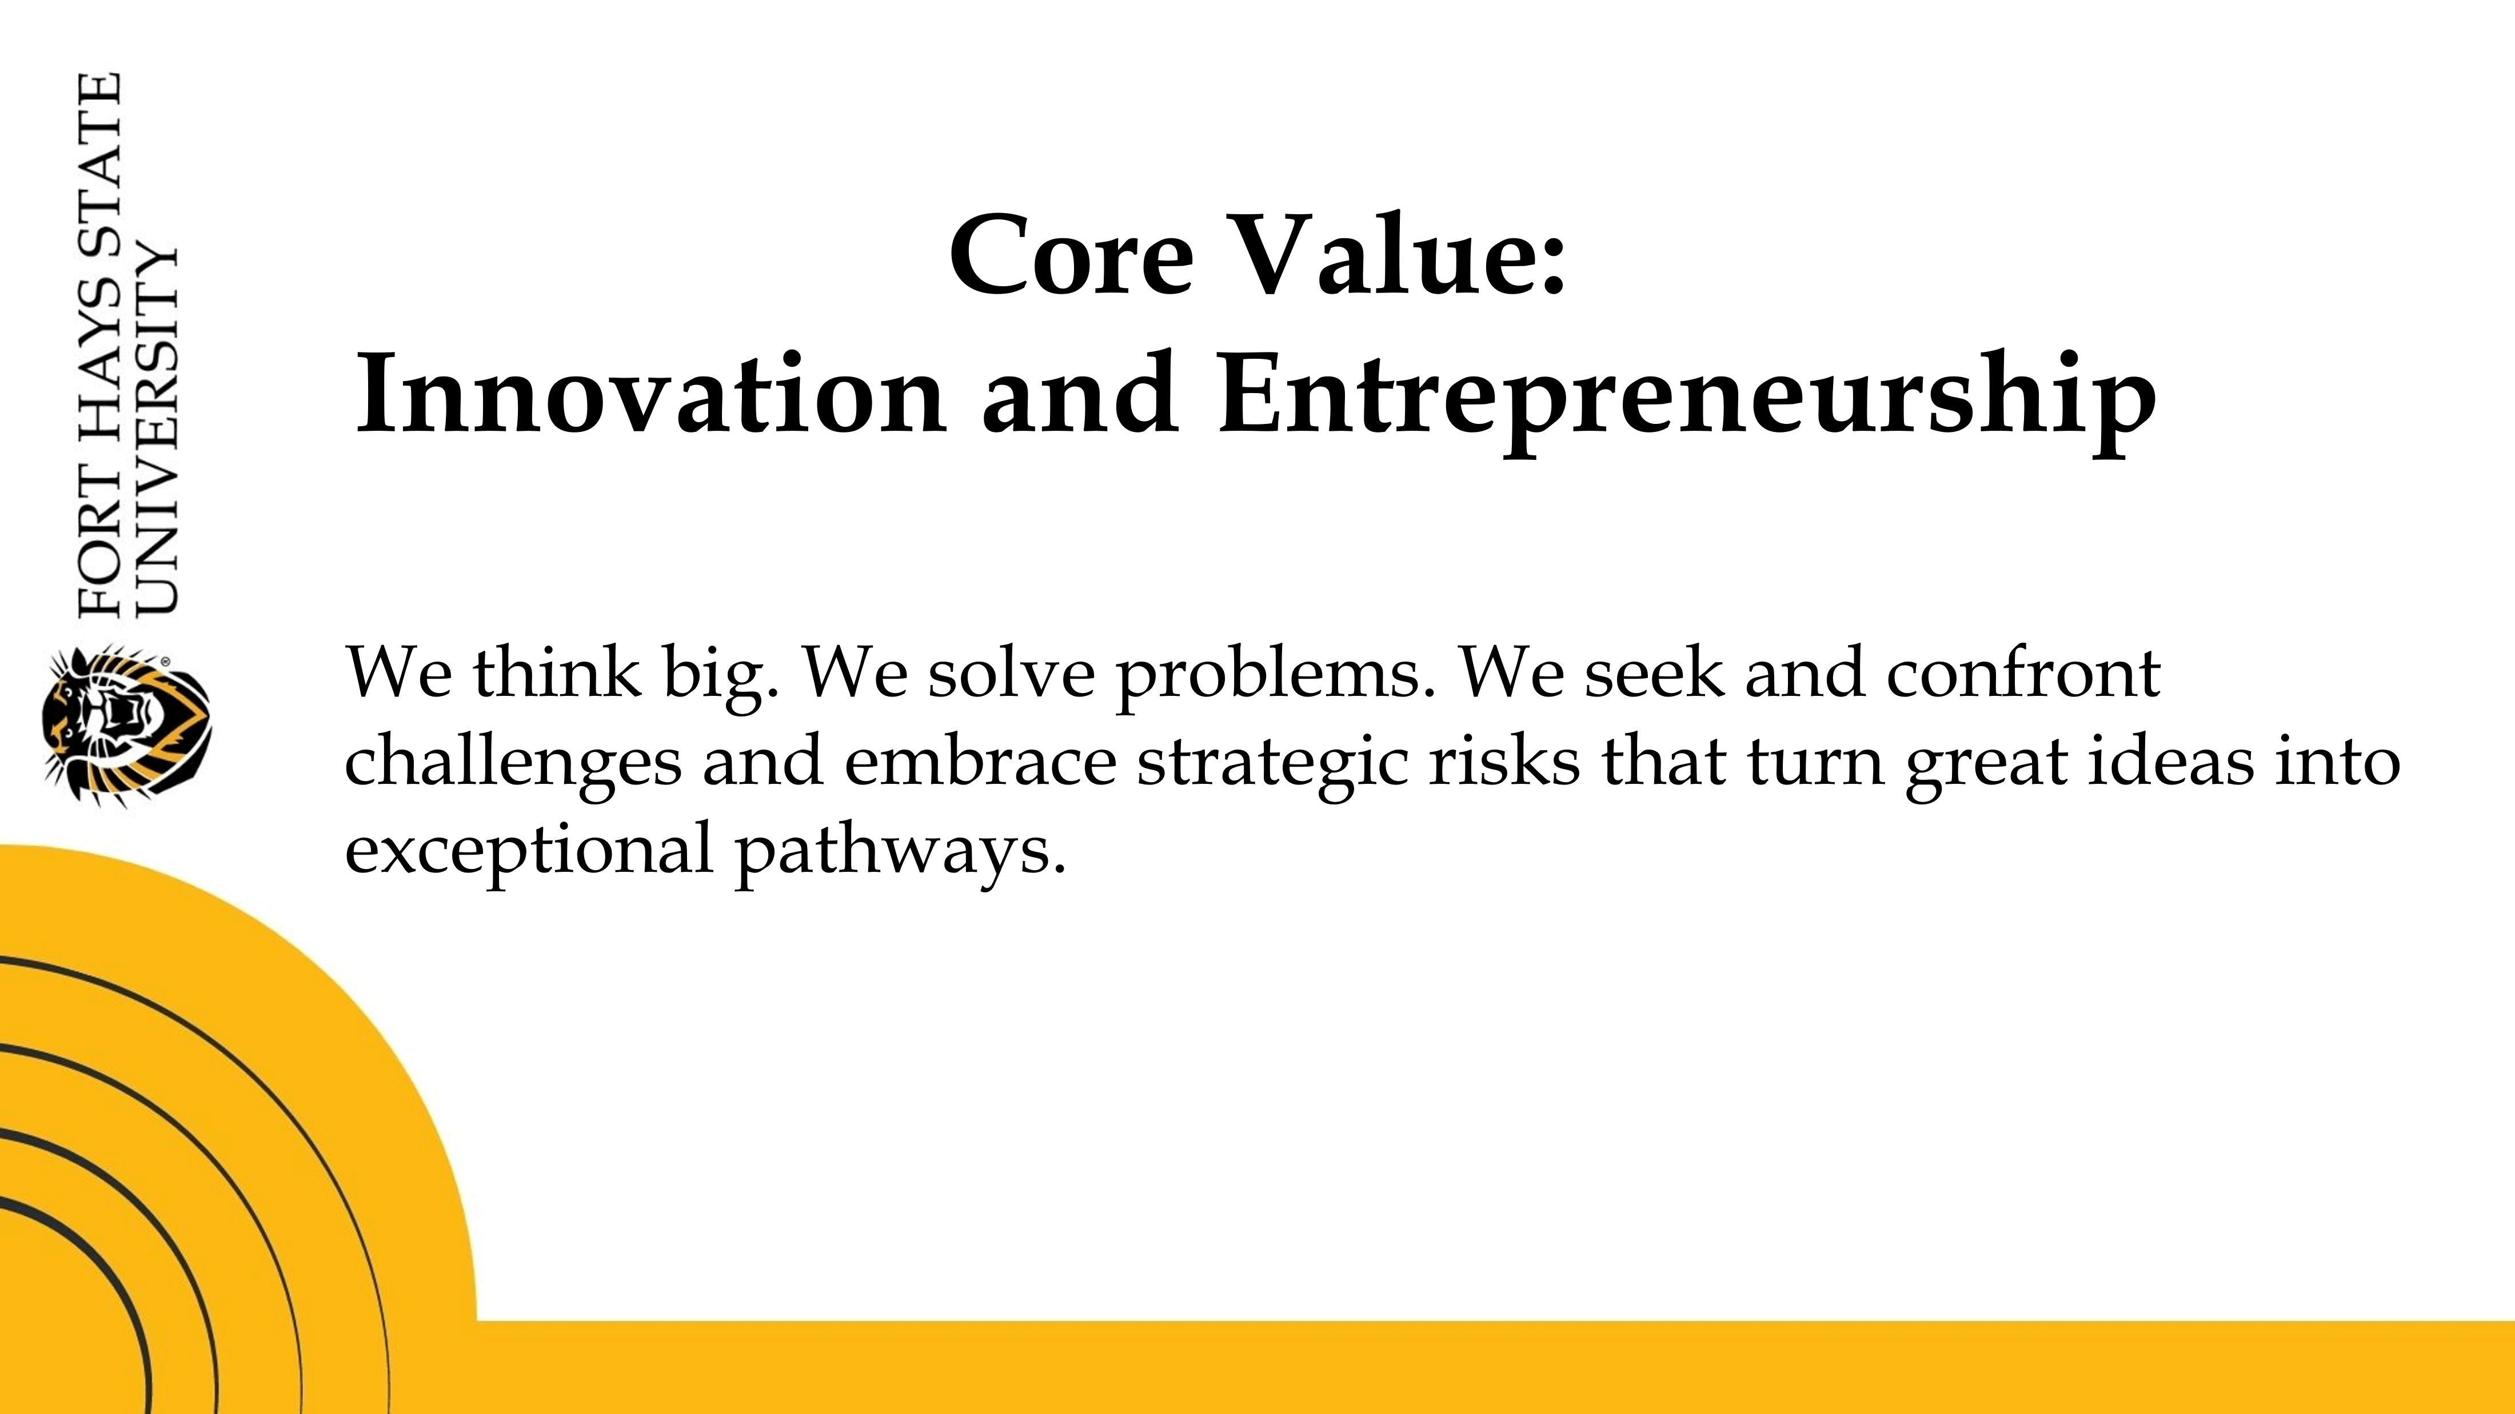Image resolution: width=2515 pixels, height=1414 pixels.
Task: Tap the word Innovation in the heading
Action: pos(651,393)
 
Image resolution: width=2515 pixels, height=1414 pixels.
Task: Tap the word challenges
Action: pos(513,764)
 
